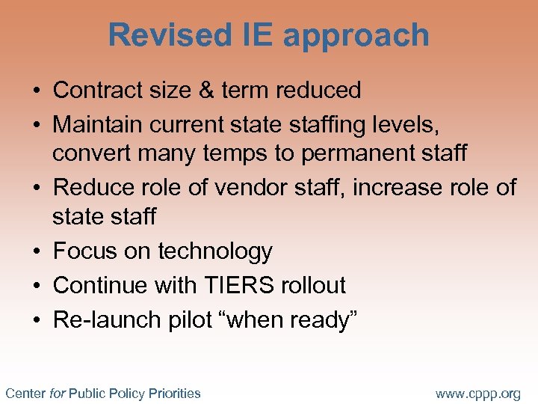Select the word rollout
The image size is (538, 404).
(314, 285)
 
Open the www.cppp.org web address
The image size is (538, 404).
(478, 394)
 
